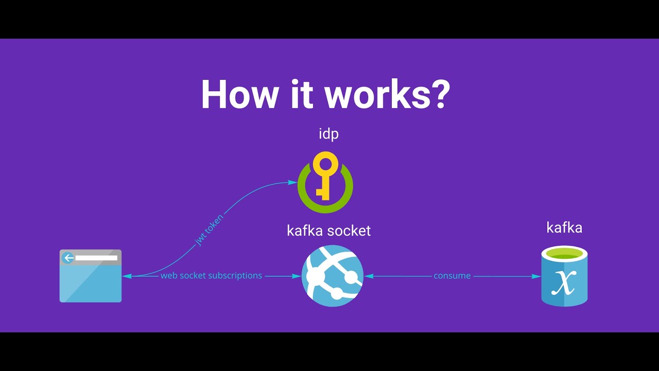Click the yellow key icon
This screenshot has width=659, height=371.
(x=325, y=175)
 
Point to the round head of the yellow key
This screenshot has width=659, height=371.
(x=325, y=164)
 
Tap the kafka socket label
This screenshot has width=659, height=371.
(x=328, y=230)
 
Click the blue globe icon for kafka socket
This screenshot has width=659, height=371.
(x=333, y=276)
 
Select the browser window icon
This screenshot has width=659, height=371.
(x=91, y=276)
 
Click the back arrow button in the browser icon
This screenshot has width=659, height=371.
(x=67, y=258)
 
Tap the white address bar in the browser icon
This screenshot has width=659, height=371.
(x=96, y=258)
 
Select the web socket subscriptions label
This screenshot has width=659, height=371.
(x=211, y=276)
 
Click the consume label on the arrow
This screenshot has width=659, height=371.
(x=452, y=276)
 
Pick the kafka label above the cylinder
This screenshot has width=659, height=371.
(x=564, y=228)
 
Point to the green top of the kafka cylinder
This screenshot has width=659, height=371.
(x=564, y=253)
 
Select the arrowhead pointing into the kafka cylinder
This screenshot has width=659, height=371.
(x=537, y=276)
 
